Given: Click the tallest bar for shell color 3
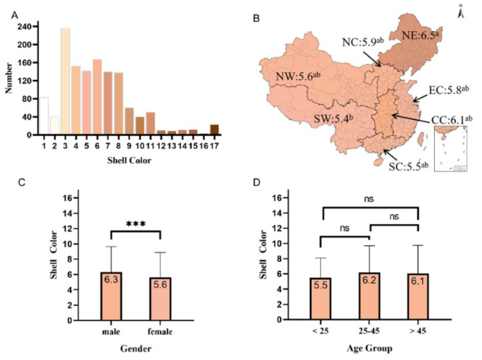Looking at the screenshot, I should coord(65,81).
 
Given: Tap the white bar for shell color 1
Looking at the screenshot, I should coord(44,116).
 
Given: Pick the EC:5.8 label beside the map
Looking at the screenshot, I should coord(448,90).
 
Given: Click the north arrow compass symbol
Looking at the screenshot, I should coord(461,12).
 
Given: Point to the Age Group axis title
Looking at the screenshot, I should coord(369,348).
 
